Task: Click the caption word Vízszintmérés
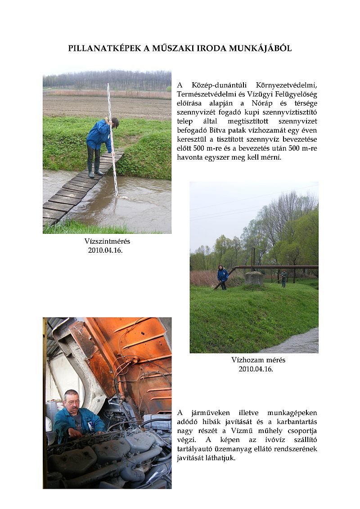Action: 107,241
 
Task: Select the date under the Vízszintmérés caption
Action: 105,250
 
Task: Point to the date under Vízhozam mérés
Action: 256,369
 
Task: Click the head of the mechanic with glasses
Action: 71,399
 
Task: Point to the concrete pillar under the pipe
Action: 254,278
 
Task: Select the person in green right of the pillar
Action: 284,277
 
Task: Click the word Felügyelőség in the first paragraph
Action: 296,94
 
